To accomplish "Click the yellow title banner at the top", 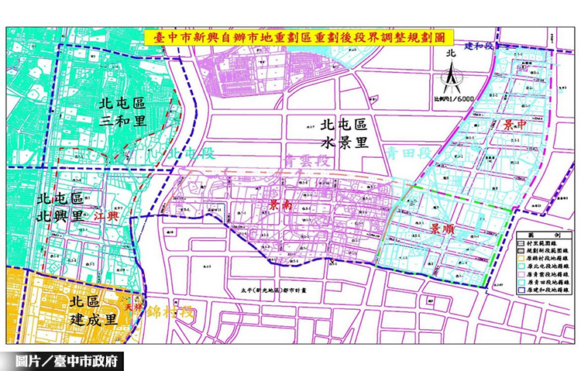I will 299,37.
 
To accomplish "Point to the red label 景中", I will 516,124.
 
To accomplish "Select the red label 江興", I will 106,216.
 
